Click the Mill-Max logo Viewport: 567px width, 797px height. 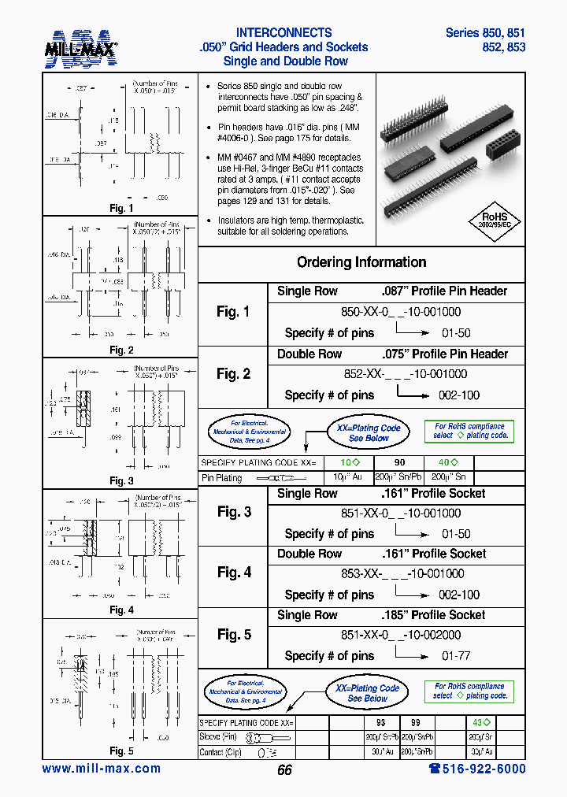(x=80, y=48)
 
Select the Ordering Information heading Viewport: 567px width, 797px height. (x=361, y=262)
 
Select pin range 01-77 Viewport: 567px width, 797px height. (x=456, y=656)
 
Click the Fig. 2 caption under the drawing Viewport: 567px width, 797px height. (x=120, y=350)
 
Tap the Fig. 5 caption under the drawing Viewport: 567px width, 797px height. (x=120, y=751)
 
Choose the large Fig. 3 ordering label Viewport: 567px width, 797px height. (x=234, y=512)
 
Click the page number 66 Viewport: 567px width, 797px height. (x=284, y=770)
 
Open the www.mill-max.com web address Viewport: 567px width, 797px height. (x=101, y=769)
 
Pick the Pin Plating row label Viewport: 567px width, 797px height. (x=222, y=477)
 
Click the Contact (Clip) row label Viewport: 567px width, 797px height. (x=222, y=752)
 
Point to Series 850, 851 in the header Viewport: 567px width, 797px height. (x=485, y=33)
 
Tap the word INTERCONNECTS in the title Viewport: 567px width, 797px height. (x=283, y=33)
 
